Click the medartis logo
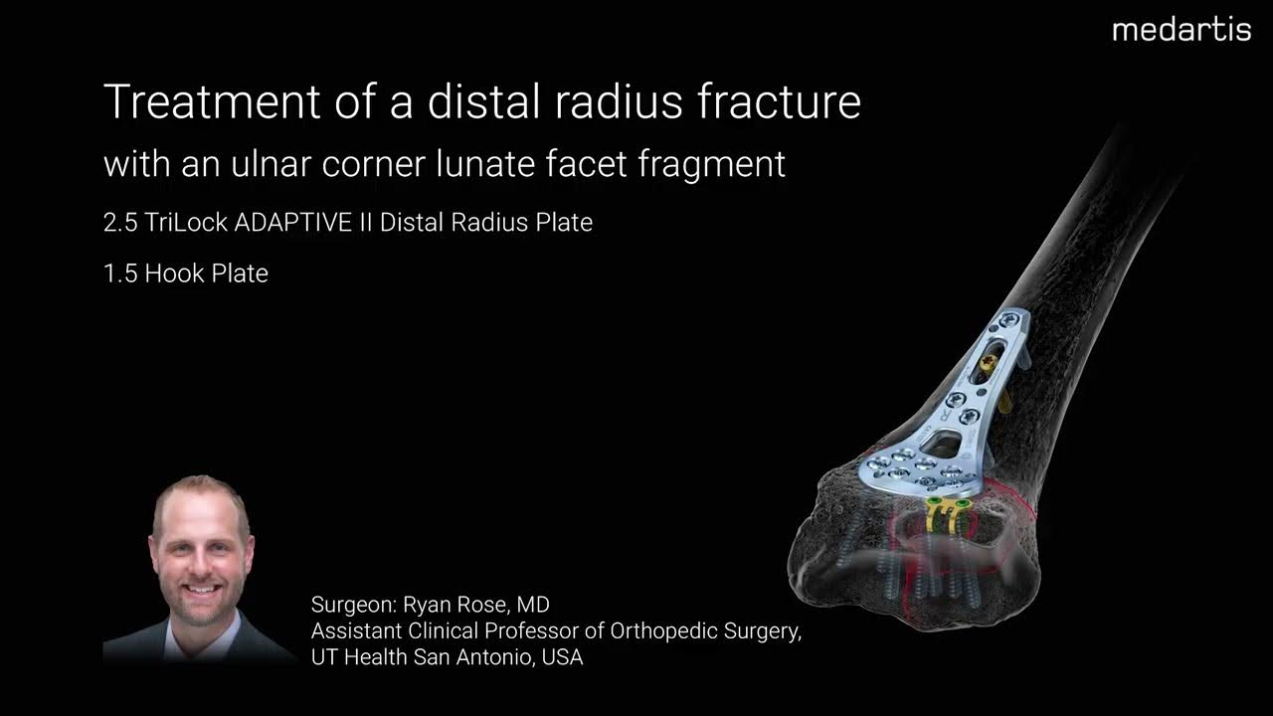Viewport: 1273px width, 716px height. pos(1182,30)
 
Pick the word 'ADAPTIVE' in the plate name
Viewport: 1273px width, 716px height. pos(292,223)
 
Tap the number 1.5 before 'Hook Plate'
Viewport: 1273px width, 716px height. pos(119,273)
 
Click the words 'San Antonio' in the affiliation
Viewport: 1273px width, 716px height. pos(475,657)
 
